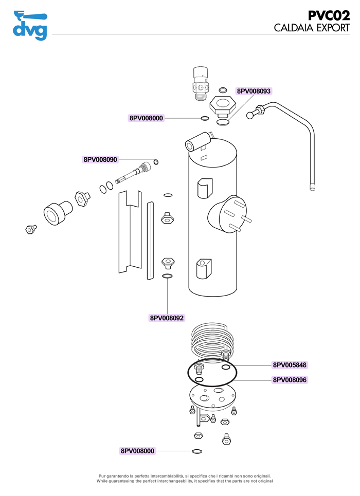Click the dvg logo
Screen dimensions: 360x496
pos(30,25)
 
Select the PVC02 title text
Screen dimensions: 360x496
pos(329,15)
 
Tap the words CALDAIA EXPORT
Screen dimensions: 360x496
pos(312,28)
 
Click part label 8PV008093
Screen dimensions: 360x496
pos(254,91)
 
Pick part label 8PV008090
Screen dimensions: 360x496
pos(100,159)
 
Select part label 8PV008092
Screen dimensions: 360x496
pos(167,318)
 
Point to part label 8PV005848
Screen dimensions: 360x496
pos(290,365)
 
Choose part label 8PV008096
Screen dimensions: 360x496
pos(290,380)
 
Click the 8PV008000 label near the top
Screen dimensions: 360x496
pos(146,118)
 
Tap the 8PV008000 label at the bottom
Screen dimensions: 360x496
pos(137,451)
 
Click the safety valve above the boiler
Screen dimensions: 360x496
pos(201,83)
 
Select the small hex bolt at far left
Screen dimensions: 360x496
pos(31,229)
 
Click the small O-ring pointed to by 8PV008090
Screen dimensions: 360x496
pos(156,162)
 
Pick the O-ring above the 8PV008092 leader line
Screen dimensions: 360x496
pos(167,276)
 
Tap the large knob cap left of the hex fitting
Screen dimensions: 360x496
pos(58,213)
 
